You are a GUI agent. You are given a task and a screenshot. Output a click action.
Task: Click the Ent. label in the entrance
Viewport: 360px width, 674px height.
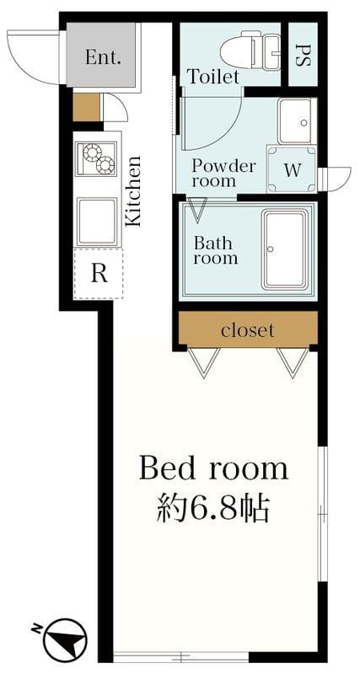click(x=102, y=57)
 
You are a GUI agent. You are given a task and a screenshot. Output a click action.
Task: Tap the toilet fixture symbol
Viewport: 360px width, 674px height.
click(x=250, y=51)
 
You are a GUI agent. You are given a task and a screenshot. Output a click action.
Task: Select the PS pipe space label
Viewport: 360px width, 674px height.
click(x=303, y=56)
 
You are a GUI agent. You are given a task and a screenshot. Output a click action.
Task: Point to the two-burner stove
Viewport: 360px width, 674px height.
click(x=96, y=158)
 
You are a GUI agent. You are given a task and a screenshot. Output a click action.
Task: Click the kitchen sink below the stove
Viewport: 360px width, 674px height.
click(x=97, y=222)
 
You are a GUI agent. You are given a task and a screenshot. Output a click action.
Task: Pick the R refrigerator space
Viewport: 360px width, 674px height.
click(x=99, y=273)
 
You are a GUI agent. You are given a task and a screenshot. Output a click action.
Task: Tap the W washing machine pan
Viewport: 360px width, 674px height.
click(x=292, y=169)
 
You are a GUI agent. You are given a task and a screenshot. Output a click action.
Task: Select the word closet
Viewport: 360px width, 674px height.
click(x=247, y=330)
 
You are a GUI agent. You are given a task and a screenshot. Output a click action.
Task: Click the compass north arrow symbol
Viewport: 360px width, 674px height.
click(x=65, y=639)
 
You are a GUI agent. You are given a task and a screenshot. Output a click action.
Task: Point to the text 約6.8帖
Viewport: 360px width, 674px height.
click(x=213, y=508)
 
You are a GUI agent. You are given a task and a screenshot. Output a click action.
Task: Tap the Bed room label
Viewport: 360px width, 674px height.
click(x=213, y=469)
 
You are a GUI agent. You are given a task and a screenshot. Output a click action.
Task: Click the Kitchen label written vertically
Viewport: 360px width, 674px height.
click(x=133, y=191)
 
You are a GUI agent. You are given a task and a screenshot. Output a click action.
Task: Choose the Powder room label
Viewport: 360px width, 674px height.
click(x=218, y=174)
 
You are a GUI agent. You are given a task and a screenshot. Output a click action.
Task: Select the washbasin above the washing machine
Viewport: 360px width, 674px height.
click(x=297, y=121)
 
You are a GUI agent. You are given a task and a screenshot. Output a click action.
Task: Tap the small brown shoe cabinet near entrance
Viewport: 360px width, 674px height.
click(x=86, y=108)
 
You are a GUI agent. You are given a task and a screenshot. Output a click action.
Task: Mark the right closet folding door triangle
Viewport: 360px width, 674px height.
click(x=293, y=362)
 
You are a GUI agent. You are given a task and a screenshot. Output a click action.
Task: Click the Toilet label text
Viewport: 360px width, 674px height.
click(x=214, y=77)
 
